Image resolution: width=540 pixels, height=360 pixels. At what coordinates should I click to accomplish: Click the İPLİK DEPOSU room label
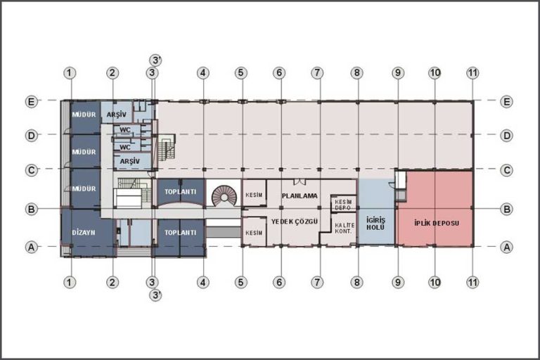tap(437, 223)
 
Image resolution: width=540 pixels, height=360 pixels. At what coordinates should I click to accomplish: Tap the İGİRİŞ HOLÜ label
tap(375, 224)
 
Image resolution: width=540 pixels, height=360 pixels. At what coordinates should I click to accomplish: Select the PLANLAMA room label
tap(300, 195)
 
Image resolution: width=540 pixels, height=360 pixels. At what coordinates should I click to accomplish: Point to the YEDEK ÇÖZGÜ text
tap(294, 221)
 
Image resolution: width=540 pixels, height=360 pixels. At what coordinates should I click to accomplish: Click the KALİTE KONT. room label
tap(345, 229)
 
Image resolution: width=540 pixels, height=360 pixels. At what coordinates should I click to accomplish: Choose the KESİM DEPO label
tap(343, 205)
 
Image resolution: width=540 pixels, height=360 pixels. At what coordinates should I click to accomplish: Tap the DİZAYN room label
tap(84, 233)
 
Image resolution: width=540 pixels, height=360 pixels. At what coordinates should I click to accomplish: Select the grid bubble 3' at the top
tap(155, 60)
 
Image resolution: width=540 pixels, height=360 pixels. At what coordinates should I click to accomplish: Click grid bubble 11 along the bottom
tap(472, 283)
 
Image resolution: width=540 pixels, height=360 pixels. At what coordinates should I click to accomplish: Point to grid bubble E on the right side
tap(506, 102)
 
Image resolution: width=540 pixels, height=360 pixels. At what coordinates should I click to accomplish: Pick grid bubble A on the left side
tap(32, 247)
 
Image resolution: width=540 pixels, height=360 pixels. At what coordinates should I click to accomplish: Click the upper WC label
tap(125, 130)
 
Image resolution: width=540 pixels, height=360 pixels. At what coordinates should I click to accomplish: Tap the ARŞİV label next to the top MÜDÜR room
tap(117, 115)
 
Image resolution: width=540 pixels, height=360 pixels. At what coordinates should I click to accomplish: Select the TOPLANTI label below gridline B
tap(180, 233)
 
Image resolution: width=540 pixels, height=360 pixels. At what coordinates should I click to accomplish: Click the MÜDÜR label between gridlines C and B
tap(84, 188)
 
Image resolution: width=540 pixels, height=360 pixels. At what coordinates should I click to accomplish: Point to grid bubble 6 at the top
tap(279, 72)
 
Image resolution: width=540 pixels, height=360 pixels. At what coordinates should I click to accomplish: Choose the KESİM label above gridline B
tap(254, 195)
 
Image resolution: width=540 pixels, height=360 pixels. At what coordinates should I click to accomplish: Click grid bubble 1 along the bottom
tap(70, 283)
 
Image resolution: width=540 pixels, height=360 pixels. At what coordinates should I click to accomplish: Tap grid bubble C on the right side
tap(506, 170)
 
